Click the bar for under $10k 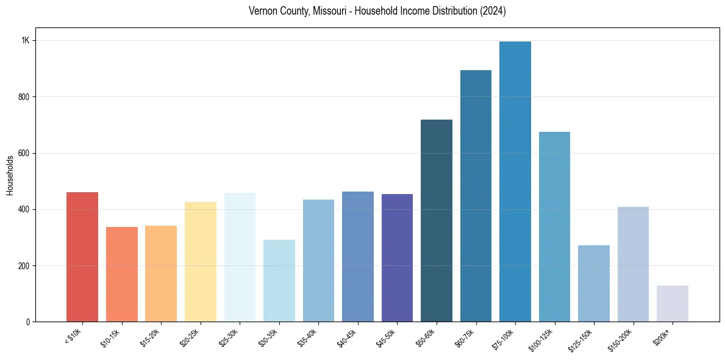coord(82,257)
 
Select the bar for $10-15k coord(121,274)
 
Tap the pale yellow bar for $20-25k coord(200,262)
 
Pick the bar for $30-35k coord(279,281)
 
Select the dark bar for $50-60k coord(437,220)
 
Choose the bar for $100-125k coord(554,226)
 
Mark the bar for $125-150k coord(594,283)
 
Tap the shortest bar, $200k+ coord(673,303)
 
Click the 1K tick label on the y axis coord(26,40)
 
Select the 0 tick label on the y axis coord(27,322)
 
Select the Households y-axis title coord(10,175)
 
